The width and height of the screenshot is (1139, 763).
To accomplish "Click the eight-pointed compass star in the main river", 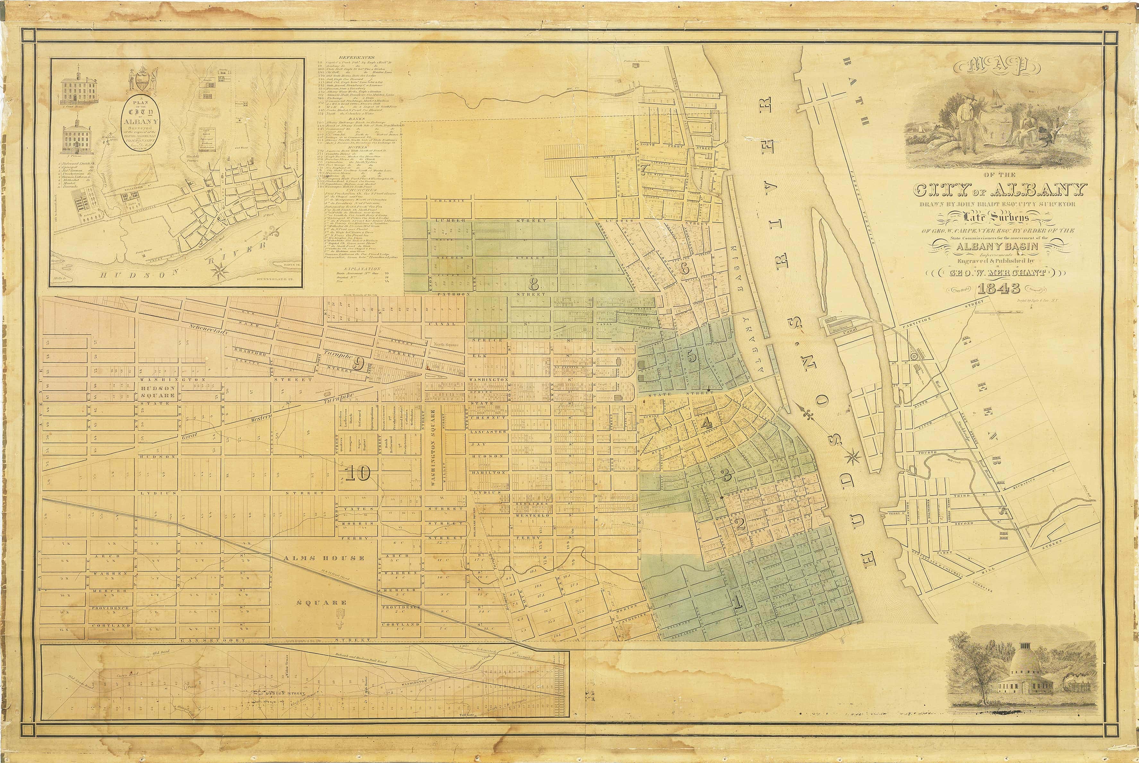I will pyautogui.click(x=852, y=456).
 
